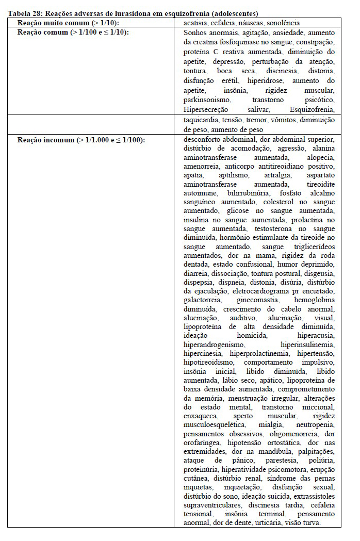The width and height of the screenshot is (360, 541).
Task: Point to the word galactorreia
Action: [x=202, y=300]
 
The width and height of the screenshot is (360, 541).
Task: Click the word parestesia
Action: [x=281, y=460]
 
